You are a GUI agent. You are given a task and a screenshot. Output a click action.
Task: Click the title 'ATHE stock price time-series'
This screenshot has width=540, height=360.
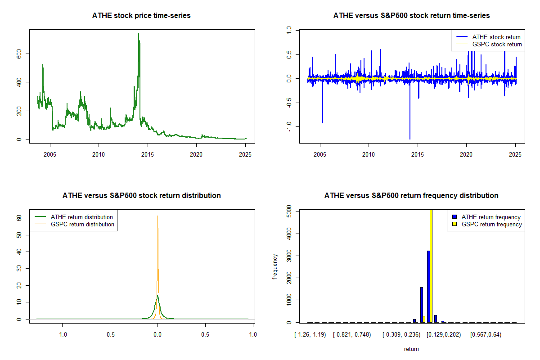141,16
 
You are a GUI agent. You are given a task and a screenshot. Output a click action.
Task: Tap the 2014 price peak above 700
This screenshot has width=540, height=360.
138,34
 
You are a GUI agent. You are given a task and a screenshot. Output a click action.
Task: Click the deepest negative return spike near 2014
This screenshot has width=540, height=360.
409,139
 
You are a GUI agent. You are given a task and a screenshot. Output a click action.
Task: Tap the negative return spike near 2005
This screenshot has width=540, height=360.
322,122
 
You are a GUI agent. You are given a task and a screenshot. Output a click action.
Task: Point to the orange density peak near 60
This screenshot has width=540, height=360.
157,216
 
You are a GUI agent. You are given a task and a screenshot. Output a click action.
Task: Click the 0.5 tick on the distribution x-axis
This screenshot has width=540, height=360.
205,334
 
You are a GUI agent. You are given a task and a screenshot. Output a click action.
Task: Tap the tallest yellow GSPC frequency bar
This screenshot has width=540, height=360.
431,265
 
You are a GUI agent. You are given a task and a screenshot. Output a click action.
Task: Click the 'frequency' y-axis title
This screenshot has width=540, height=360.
275,266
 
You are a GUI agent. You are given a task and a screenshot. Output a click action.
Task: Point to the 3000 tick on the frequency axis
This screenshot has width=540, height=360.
289,256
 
